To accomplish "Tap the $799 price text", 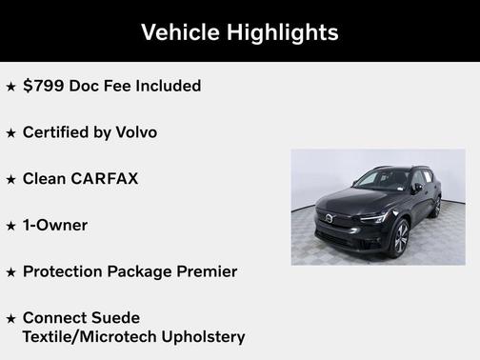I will [x=42, y=86].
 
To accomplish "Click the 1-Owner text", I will [x=55, y=226].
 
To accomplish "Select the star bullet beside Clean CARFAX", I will [x=10, y=180].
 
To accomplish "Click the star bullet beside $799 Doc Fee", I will [x=10, y=87].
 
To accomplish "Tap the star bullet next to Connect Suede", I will [x=10, y=318].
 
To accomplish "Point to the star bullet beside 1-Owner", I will [x=10, y=227].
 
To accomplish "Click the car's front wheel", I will [x=398, y=238].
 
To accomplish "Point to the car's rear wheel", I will [x=435, y=207].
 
